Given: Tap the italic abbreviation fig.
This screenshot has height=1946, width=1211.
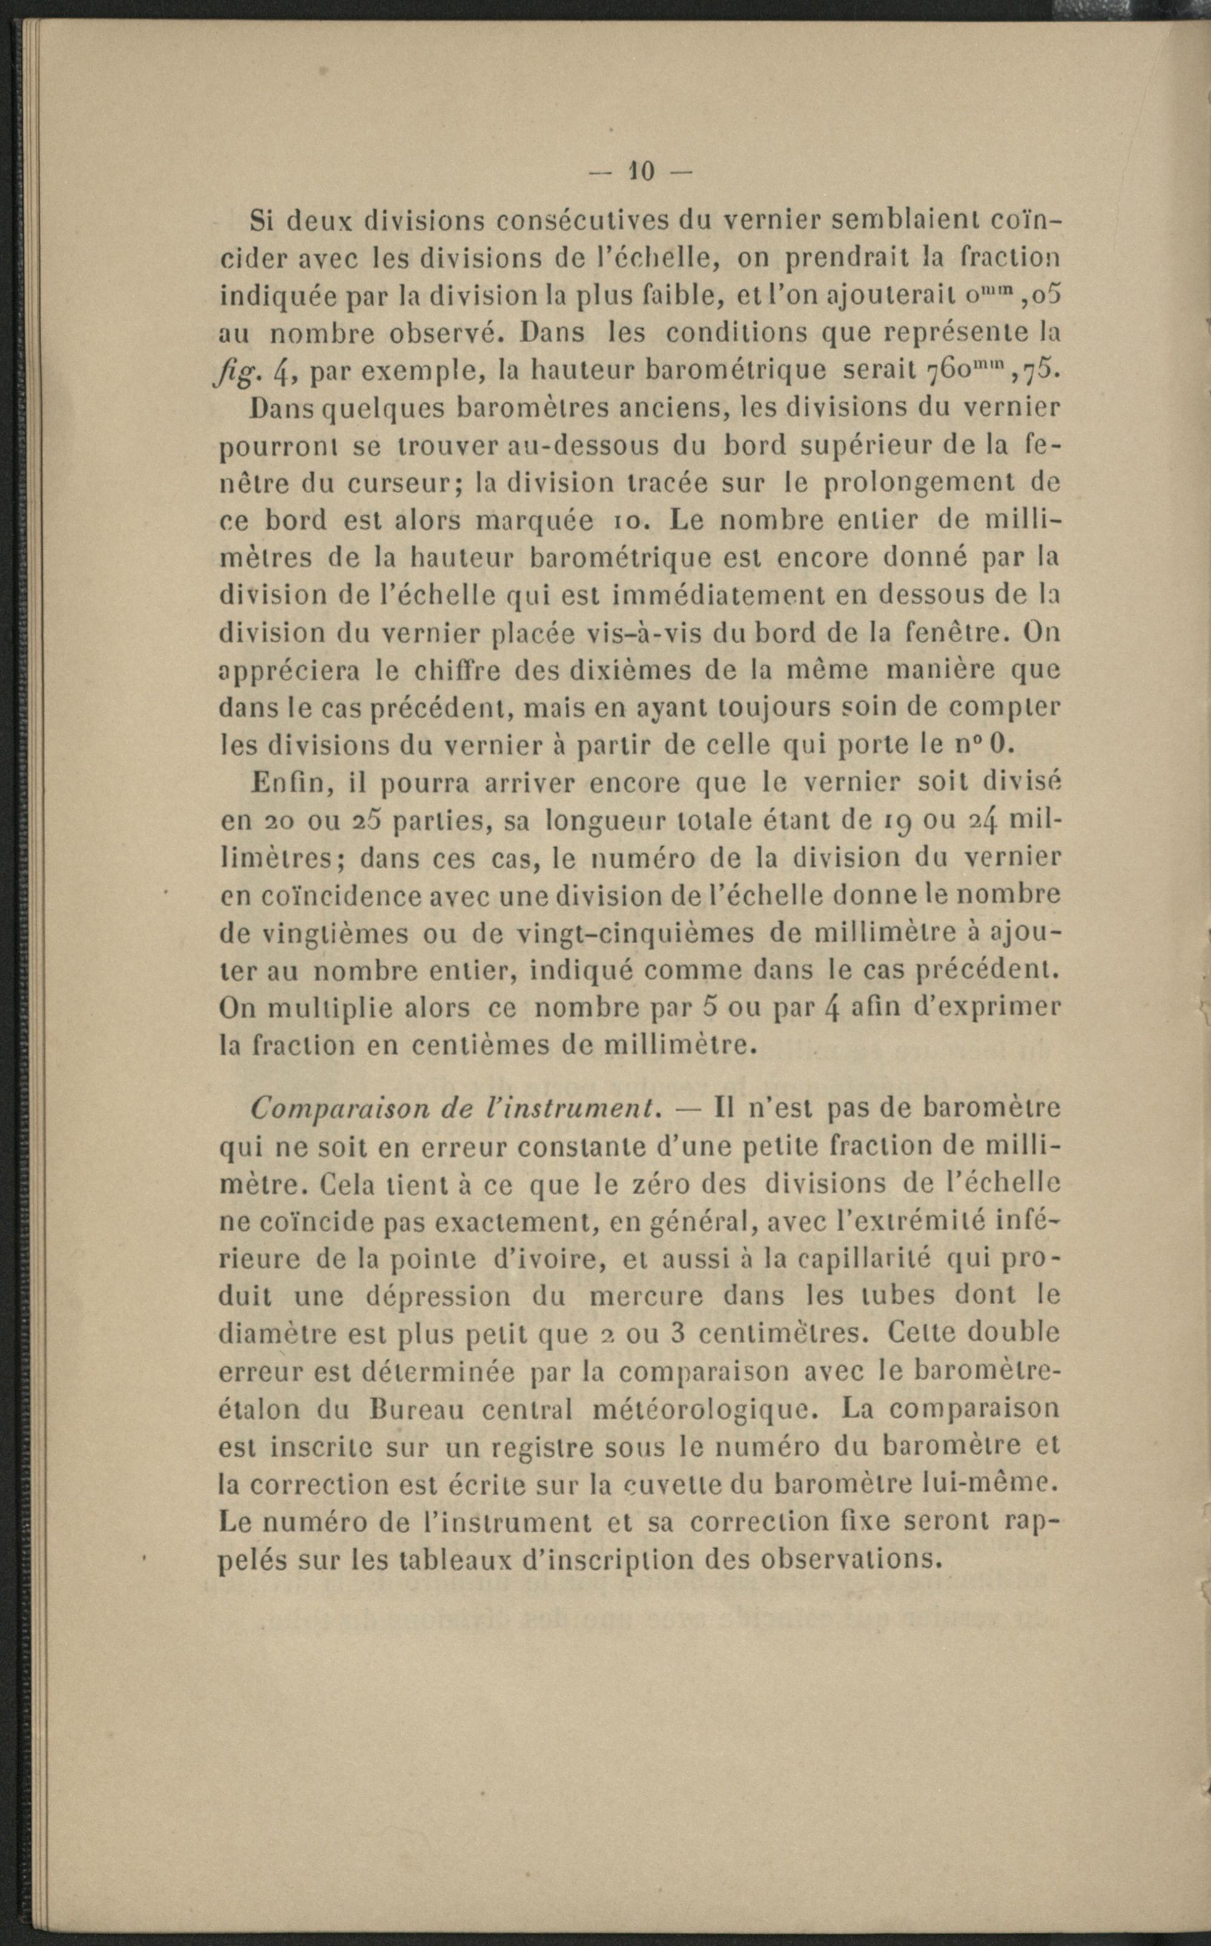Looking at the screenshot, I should [x=235, y=373].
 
